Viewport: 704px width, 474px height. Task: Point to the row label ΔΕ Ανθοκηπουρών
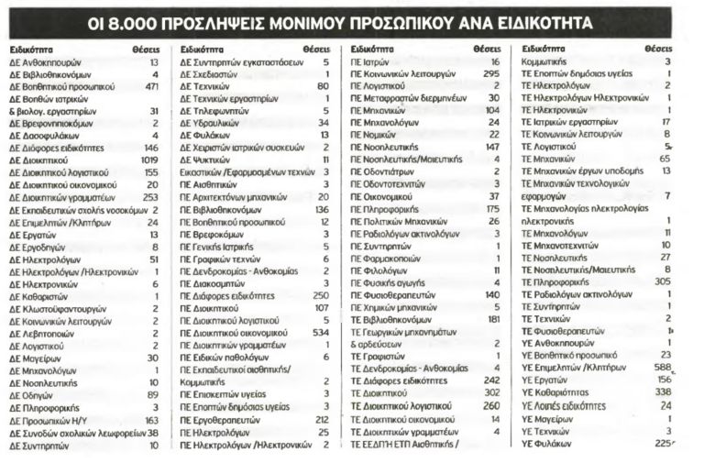pyautogui.click(x=47, y=62)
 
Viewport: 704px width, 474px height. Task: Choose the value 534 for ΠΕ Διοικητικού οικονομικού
pyautogui.click(x=319, y=334)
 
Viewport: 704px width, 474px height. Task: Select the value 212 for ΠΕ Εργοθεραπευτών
pyautogui.click(x=321, y=419)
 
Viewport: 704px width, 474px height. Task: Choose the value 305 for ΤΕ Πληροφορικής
pyautogui.click(x=662, y=281)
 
